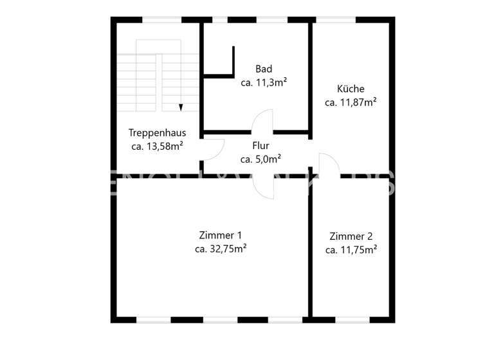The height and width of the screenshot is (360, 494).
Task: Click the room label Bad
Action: tap(264, 69)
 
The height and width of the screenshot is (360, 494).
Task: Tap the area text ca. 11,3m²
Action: tap(264, 82)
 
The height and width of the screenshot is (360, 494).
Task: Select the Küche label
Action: tap(351, 89)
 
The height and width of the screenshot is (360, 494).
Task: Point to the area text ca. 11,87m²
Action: tap(351, 102)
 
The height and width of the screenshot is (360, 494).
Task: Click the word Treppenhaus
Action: tap(157, 133)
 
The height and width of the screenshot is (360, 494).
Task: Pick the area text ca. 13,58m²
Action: tap(157, 147)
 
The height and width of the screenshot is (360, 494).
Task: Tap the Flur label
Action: tap(261, 146)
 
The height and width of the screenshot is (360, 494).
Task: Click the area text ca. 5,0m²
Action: tap(261, 159)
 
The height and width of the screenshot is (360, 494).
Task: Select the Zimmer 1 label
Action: tap(221, 235)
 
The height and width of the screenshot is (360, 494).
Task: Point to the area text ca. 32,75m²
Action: tap(221, 249)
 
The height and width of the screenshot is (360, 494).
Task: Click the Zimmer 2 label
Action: tap(351, 236)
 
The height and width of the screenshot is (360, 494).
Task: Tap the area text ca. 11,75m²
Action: tap(351, 250)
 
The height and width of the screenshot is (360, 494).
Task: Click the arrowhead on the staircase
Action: tap(181, 107)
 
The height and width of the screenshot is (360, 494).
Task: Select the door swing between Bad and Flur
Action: tap(262, 122)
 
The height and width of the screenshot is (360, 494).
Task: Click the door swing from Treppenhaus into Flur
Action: tap(212, 150)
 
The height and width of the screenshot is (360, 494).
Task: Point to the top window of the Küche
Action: tap(335, 20)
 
